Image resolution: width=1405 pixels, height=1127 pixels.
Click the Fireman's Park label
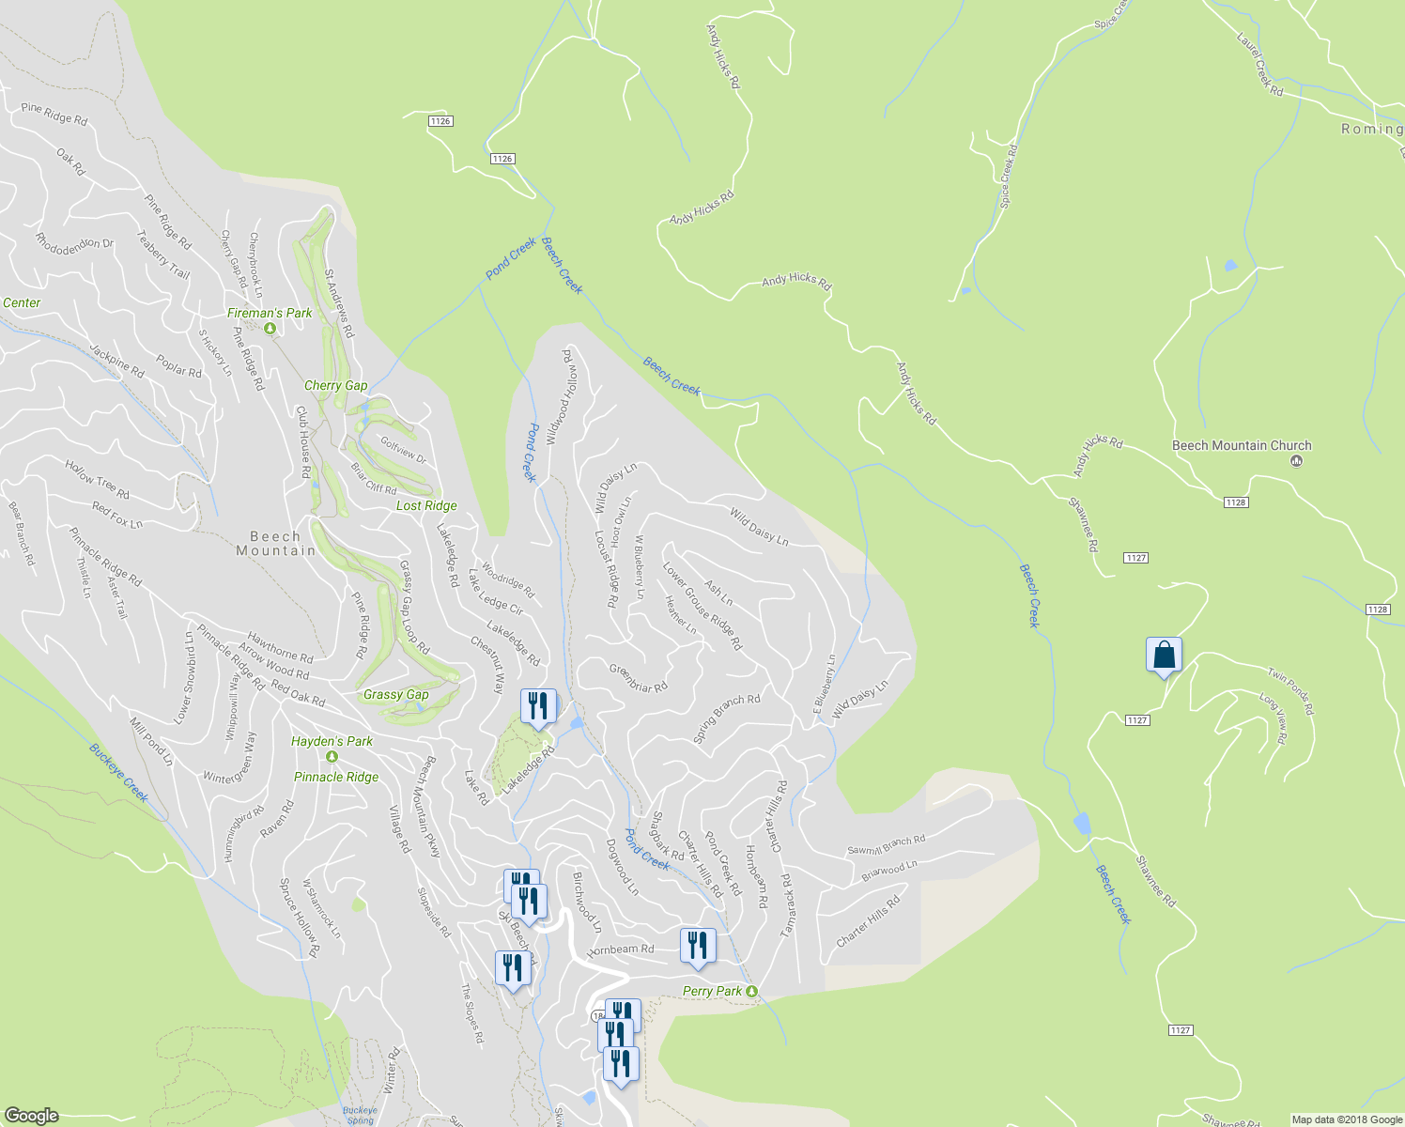[x=270, y=313]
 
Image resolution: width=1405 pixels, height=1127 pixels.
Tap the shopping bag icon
[x=1164, y=655]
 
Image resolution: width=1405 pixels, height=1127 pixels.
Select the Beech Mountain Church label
[x=1242, y=445]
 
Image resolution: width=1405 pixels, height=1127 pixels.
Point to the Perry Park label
[x=712, y=991]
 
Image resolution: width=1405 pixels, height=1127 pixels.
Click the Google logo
[x=31, y=1116]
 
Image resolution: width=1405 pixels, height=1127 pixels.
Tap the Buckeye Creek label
[x=119, y=773]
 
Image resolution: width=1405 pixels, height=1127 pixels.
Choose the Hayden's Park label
[x=332, y=741]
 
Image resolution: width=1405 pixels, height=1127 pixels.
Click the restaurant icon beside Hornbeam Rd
[x=697, y=946]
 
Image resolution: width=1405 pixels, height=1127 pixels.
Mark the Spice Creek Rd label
[x=1008, y=176]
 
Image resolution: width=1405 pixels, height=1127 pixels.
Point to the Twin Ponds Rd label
[x=1290, y=691]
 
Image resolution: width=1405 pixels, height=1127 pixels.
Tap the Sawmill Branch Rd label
[x=886, y=844]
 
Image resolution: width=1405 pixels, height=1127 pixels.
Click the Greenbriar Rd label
[x=638, y=679]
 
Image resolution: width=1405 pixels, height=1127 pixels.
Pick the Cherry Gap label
[x=335, y=385]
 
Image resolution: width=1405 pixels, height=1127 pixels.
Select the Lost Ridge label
[x=426, y=505]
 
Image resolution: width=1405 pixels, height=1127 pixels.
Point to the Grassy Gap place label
[x=395, y=695]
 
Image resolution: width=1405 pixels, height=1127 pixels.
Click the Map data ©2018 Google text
[x=1345, y=1119]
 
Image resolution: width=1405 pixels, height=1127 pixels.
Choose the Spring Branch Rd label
[x=726, y=718]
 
